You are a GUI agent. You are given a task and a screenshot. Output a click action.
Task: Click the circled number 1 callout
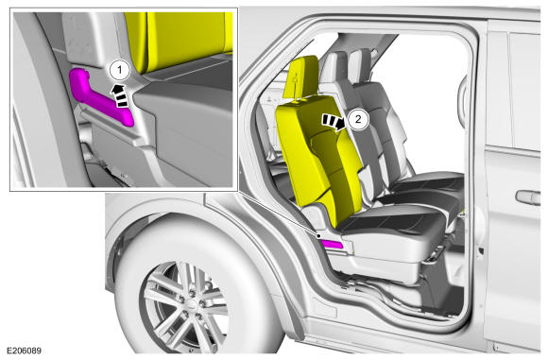click(120, 70)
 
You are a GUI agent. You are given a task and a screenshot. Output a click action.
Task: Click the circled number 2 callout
click(358, 119)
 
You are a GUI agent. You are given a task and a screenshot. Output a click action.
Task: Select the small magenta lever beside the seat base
click(332, 245)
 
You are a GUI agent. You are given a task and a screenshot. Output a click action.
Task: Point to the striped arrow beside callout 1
click(120, 95)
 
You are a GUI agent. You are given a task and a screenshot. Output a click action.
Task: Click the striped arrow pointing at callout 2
click(334, 122)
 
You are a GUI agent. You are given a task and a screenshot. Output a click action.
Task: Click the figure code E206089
click(25, 351)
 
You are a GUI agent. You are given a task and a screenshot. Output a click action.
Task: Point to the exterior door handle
click(528, 197)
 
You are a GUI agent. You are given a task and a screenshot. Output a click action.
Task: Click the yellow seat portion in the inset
click(179, 42)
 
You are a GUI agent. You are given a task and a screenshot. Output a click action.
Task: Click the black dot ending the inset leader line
click(318, 236)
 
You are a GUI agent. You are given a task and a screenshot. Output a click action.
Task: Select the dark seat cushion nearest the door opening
click(391, 220)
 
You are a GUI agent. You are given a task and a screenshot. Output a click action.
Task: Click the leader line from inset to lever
click(278, 214)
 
